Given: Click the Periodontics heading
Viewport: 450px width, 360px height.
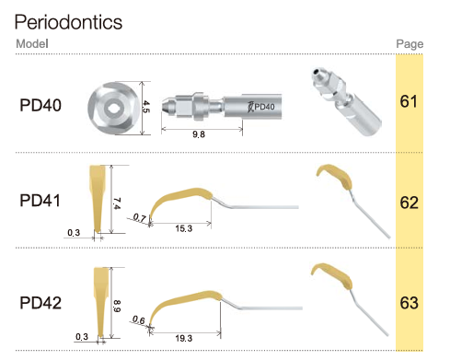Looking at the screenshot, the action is tap(68, 22).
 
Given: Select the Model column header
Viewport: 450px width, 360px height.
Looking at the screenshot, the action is tap(32, 43).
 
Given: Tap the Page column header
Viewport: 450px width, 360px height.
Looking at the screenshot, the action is tap(410, 44).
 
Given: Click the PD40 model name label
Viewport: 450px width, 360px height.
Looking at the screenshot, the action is tap(40, 105).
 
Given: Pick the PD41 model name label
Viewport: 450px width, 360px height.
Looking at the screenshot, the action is tap(40, 201).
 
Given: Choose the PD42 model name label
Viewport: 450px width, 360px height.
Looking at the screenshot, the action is tap(40, 303).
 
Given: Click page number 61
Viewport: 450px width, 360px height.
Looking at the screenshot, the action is tap(409, 101).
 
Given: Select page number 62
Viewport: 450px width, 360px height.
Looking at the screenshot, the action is tap(410, 203).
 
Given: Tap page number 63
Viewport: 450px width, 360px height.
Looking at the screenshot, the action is tap(410, 303).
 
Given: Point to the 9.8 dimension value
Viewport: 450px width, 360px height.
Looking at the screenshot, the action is tap(199, 134).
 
